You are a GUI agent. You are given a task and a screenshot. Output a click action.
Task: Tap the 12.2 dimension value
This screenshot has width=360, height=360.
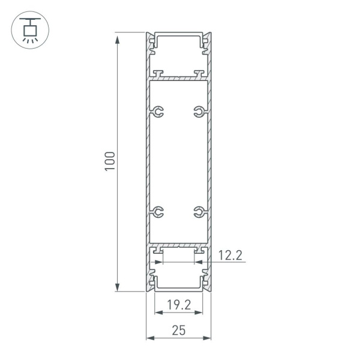pyautogui.click(x=229, y=256)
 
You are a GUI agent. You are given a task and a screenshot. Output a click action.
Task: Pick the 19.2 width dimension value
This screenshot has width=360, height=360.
pyautogui.click(x=179, y=305)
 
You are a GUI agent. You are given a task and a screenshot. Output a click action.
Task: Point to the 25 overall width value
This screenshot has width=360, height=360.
pyautogui.click(x=179, y=329)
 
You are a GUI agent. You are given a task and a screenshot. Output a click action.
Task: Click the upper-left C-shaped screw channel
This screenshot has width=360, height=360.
pyautogui.click(x=158, y=112)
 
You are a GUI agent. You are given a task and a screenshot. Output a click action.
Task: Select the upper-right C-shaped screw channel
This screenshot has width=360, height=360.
pyautogui.click(x=199, y=112)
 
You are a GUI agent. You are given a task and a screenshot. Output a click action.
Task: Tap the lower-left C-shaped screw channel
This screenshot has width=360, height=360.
pyautogui.click(x=158, y=211)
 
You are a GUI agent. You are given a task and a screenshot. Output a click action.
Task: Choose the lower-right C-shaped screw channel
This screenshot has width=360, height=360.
pyautogui.click(x=199, y=211)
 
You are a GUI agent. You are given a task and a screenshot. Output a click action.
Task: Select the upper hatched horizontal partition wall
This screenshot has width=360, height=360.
pyautogui.click(x=179, y=79)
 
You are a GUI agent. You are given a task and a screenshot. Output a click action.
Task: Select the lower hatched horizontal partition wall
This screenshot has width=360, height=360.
pyautogui.click(x=179, y=246)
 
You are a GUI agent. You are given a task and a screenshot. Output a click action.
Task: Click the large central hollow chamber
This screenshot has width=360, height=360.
pyautogui.click(x=179, y=162)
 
